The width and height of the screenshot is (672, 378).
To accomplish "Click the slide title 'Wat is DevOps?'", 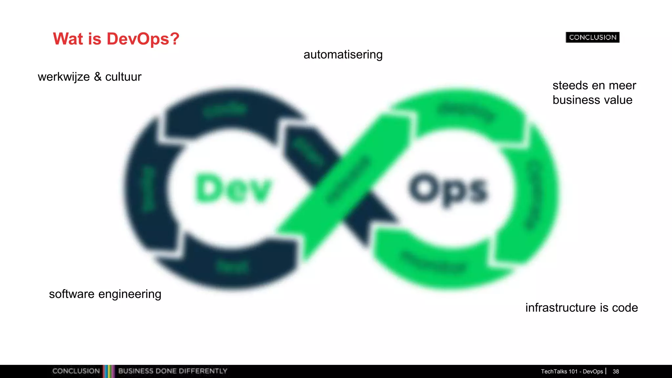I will pos(116,39).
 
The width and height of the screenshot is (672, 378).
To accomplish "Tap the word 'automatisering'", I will pos(343,54).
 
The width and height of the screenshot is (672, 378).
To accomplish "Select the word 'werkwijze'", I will pos(64,77).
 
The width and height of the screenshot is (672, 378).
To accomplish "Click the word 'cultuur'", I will pos(123,77).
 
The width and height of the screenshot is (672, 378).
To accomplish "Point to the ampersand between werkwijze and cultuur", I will pos(97,77).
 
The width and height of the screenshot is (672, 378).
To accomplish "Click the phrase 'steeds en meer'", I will pos(594,85).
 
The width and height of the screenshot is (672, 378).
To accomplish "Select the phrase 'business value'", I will pos(592,100).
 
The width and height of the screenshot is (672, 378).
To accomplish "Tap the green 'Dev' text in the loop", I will pos(233,189).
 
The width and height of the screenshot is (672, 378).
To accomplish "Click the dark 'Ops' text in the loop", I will pos(448,190).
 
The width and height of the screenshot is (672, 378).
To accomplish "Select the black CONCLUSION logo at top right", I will pos(592,37).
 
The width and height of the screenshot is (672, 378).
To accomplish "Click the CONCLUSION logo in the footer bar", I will pos(76,371).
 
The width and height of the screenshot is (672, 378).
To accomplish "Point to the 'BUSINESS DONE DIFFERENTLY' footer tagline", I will pos(173,371).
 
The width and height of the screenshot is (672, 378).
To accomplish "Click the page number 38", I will pos(616,371).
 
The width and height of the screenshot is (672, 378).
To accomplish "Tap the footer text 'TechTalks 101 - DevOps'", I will pos(572,371).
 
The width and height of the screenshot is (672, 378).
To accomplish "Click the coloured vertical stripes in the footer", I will pos(109,371).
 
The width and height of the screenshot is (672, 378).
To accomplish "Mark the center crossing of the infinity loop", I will pos(341,190).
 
